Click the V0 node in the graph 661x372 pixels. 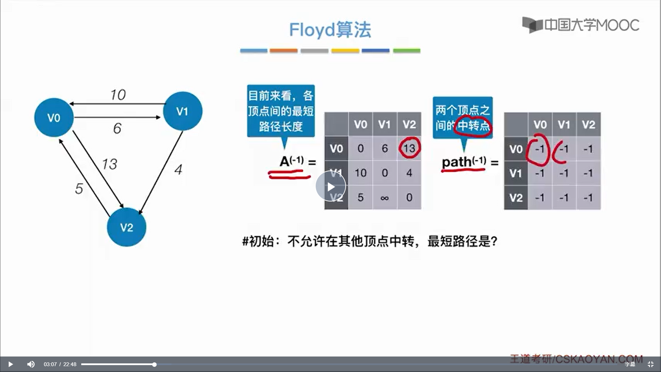coord(54,118)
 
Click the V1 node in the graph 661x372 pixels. coord(182,111)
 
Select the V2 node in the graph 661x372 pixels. coord(126,227)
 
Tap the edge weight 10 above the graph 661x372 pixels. coord(118,95)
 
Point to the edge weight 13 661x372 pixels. coord(109,164)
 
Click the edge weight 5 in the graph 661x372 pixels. coord(79,188)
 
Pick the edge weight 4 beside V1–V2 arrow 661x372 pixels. coord(178,169)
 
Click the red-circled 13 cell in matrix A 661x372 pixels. coord(409,148)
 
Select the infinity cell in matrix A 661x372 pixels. coord(385,198)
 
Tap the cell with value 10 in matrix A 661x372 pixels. coord(360,173)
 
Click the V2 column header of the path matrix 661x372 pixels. coord(588,124)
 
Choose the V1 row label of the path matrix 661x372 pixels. coord(516,173)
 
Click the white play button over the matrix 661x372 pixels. coord(330,186)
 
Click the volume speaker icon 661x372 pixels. coord(31,364)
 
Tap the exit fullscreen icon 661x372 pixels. coord(650,364)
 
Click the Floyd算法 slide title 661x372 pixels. coord(330,30)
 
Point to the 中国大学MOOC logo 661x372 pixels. coord(581,25)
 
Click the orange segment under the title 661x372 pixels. coord(283,51)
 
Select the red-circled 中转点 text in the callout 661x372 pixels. coord(473,126)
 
